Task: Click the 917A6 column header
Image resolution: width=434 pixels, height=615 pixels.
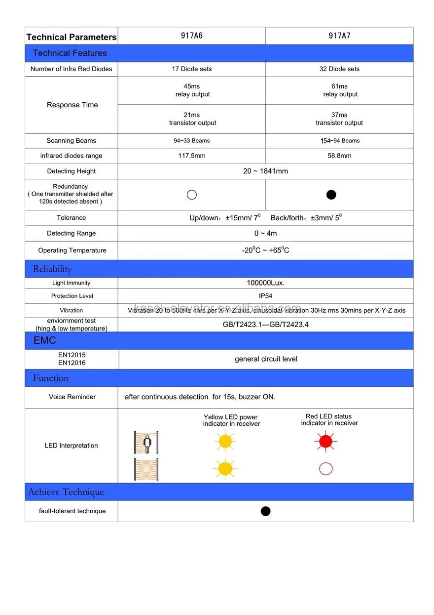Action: pyautogui.click(x=192, y=36)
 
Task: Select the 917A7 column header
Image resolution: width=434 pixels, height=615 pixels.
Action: pyautogui.click(x=339, y=36)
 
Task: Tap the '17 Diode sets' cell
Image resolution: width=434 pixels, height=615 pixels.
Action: pyautogui.click(x=192, y=69)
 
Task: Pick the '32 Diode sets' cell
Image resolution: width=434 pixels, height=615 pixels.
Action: pyautogui.click(x=339, y=69)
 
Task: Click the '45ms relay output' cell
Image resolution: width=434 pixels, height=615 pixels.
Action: pyautogui.click(x=192, y=90)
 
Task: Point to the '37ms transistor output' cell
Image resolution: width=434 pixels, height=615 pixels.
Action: pyautogui.click(x=339, y=119)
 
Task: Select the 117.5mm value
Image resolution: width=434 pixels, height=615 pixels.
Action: pyautogui.click(x=192, y=156)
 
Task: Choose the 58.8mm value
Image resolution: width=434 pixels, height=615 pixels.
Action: pyautogui.click(x=339, y=156)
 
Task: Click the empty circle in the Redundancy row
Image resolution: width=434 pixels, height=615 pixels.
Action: pyautogui.click(x=192, y=195)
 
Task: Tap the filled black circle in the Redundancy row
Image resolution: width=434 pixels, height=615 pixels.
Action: pyautogui.click(x=331, y=195)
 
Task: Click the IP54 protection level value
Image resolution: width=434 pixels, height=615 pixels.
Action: pyautogui.click(x=265, y=296)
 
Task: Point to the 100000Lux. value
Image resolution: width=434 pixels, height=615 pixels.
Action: pyautogui.click(x=265, y=283)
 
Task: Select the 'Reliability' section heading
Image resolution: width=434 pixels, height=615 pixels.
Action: pyautogui.click(x=52, y=269)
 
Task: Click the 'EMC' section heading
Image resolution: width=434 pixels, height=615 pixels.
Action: pyautogui.click(x=45, y=341)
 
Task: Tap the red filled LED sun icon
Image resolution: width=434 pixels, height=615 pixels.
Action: pyautogui.click(x=325, y=442)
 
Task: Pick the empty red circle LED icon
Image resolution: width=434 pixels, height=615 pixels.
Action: pyautogui.click(x=325, y=469)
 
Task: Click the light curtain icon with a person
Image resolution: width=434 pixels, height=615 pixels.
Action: pyautogui.click(x=146, y=442)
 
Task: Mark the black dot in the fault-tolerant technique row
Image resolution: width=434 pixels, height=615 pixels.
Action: pyautogui.click(x=265, y=511)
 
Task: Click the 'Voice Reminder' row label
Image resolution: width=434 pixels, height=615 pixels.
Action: pyautogui.click(x=72, y=397)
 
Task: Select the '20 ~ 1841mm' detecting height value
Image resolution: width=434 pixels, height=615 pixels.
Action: pyautogui.click(x=265, y=171)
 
